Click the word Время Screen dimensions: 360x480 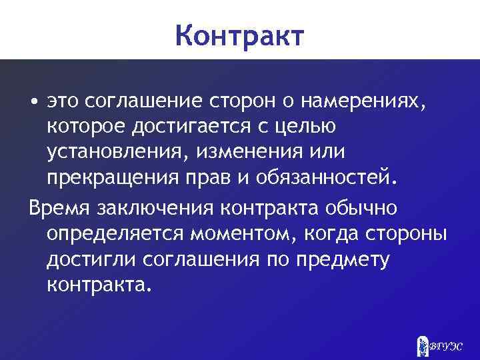[59, 207]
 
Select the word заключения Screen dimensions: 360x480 [157, 207]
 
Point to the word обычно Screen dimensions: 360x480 [365, 207]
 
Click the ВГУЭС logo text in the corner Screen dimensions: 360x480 [446, 346]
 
